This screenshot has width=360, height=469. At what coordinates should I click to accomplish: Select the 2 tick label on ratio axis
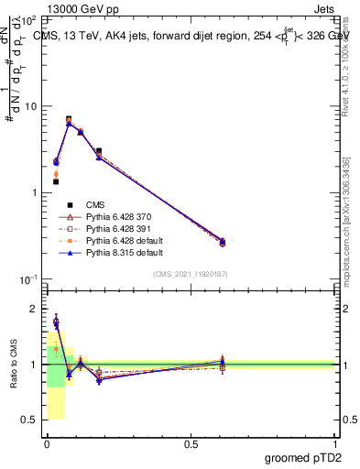click(34, 309)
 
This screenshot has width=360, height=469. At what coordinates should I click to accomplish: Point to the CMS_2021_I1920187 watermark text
click(191, 274)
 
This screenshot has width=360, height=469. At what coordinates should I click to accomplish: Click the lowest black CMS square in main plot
click(56, 181)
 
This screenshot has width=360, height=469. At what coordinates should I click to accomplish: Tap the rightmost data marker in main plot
click(222, 242)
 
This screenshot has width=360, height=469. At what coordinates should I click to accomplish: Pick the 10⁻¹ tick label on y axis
click(28, 279)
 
